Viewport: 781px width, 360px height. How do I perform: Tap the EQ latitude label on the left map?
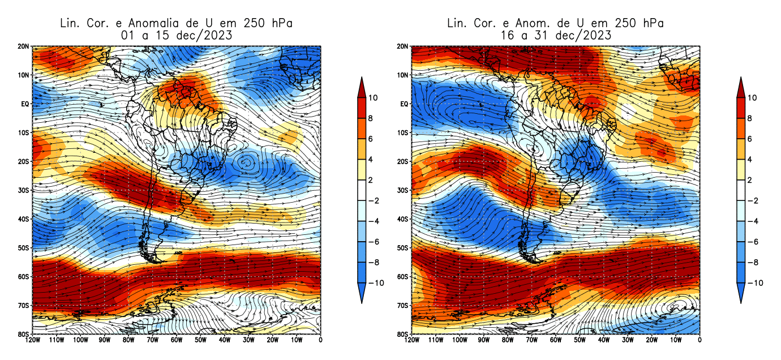[x=25, y=104]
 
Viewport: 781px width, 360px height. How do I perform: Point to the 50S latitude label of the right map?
[x=404, y=248]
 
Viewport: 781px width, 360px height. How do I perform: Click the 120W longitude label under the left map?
[x=33, y=340]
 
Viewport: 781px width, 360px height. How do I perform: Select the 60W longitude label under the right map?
[x=556, y=340]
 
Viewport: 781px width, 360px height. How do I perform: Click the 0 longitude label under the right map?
[x=700, y=340]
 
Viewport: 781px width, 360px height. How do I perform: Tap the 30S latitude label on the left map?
[x=24, y=190]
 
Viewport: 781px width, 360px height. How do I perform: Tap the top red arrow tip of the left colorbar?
[x=362, y=80]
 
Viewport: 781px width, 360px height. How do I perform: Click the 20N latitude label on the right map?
[x=404, y=46]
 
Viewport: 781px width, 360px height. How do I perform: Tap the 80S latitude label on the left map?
[x=24, y=334]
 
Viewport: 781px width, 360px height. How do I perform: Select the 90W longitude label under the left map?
[x=104, y=340]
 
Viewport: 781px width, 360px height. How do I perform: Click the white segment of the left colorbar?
[x=362, y=190]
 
